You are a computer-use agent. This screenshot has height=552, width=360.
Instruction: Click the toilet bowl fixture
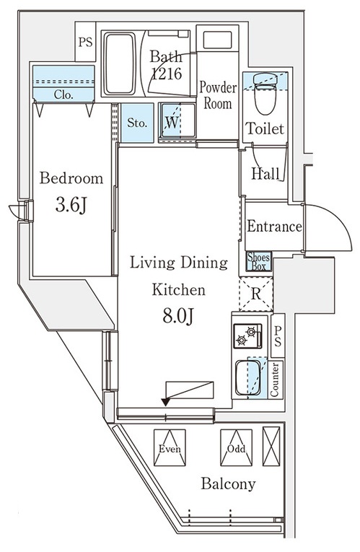(265, 94)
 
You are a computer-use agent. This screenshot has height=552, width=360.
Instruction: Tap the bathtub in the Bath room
(120, 63)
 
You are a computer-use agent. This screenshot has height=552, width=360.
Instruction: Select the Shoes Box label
(259, 261)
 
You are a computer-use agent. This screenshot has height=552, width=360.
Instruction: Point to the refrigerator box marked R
(256, 294)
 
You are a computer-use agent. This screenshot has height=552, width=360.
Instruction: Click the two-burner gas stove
(247, 336)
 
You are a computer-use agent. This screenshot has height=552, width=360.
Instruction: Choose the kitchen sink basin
(248, 377)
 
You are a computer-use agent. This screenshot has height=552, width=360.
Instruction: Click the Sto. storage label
(137, 123)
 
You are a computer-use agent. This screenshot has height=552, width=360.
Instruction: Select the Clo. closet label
(63, 95)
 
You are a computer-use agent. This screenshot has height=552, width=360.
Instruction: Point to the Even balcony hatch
(170, 447)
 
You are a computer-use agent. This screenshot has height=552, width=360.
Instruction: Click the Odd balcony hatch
(236, 447)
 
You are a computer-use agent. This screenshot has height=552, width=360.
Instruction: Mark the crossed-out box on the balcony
(271, 447)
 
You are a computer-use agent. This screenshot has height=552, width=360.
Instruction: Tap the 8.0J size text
(178, 316)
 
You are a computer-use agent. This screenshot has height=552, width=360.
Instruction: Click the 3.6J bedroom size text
(71, 205)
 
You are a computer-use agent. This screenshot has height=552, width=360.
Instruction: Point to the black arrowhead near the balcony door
(165, 402)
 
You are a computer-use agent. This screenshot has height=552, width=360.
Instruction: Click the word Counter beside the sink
(274, 380)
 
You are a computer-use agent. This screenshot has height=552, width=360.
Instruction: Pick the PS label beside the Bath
(85, 43)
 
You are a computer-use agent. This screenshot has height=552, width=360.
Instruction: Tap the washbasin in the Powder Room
(217, 40)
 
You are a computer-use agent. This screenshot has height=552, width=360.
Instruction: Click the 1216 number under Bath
(167, 74)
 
